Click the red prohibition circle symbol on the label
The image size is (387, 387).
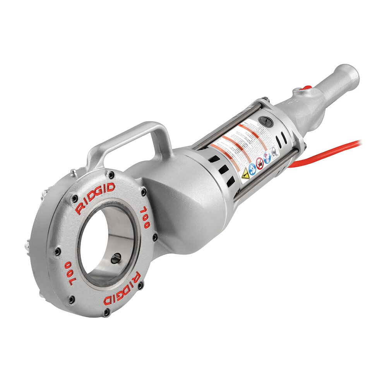pyautogui.click(x=260, y=163)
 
